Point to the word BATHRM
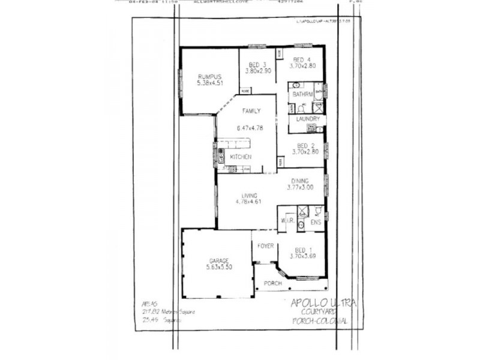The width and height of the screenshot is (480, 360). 301,95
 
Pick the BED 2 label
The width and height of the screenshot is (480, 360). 306,146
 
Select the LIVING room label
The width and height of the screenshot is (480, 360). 250,196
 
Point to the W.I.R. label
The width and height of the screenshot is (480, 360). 287,222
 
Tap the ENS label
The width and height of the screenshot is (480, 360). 316,223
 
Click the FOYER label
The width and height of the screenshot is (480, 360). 265,246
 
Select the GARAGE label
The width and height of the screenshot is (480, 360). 219,260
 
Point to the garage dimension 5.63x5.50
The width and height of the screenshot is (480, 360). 220,267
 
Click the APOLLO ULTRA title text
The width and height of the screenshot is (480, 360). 323,303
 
